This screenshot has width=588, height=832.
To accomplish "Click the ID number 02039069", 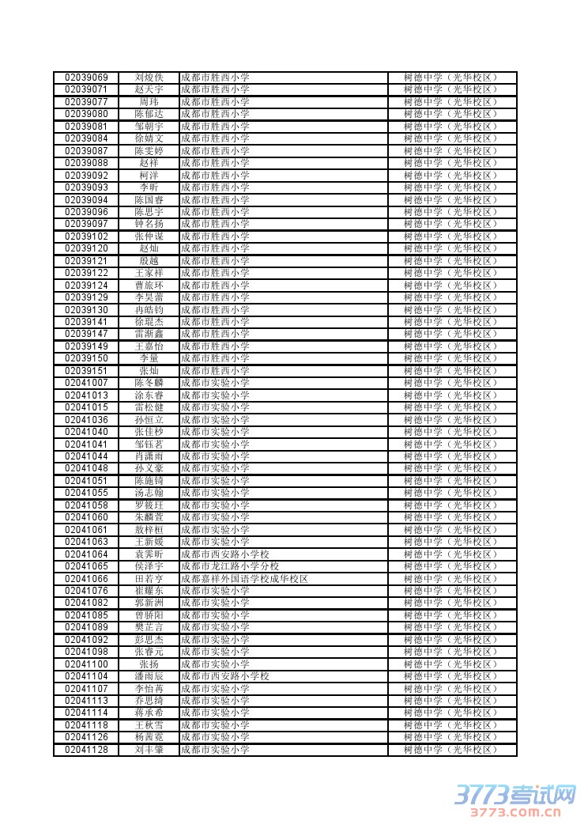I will point(86,78).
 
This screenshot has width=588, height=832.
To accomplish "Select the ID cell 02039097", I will point(86,224).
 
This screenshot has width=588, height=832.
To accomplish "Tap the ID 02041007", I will point(86,383).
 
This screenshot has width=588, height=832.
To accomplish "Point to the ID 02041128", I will point(86,750).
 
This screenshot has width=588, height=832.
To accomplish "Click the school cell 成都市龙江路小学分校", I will point(230,566).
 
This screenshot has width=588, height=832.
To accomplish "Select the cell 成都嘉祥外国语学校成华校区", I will point(244,579).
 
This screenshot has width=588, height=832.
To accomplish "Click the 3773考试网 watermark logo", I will point(514,793).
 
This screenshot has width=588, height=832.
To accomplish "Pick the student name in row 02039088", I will point(149,163).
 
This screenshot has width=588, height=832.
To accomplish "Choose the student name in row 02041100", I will point(149,664).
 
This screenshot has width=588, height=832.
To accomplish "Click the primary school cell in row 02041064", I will point(225,554).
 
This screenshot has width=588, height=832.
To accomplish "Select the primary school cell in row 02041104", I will point(225,676).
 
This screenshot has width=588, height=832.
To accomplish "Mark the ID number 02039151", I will point(86,371).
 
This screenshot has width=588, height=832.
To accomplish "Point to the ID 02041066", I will point(86,579).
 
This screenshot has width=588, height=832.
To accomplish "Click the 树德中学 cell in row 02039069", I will point(450,78).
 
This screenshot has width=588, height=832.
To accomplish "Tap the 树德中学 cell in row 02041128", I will point(450,750).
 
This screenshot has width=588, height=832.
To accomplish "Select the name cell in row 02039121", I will point(149,261).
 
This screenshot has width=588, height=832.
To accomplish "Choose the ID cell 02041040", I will point(86,432).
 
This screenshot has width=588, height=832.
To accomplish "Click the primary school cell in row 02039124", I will point(215,286).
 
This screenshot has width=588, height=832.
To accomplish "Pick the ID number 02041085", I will point(86,615).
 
